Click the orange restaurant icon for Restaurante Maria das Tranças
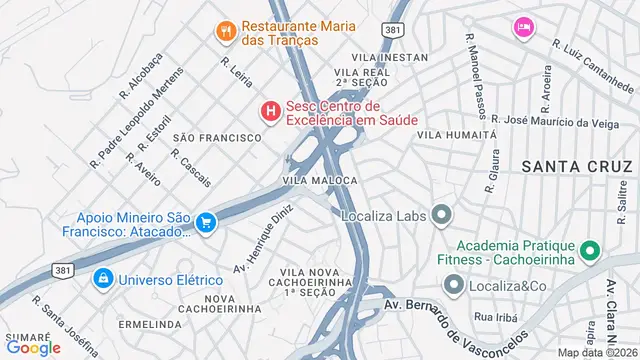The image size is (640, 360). pyautogui.click(x=226, y=31)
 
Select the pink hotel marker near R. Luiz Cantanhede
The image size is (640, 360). pyautogui.click(x=522, y=27)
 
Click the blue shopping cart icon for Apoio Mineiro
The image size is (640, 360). pyautogui.click(x=206, y=223)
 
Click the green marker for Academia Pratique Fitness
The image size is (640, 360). pyautogui.click(x=590, y=249)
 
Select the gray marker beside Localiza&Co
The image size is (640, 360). pyautogui.click(x=453, y=286)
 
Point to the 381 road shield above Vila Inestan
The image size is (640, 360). pyautogui.click(x=394, y=31)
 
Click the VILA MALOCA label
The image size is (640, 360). pyautogui.click(x=320, y=180)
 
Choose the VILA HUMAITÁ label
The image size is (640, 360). pyautogui.click(x=456, y=133)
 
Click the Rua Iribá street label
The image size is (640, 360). pyautogui.click(x=496, y=317)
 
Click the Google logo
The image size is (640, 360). pyautogui.click(x=33, y=347)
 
